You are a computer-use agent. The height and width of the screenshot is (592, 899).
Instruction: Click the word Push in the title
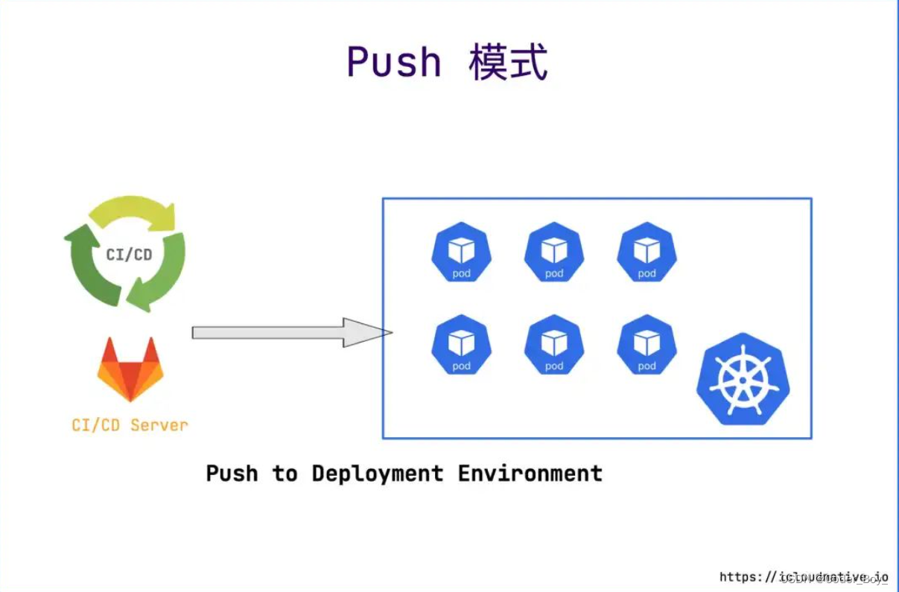394,63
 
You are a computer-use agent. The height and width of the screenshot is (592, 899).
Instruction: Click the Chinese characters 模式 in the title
509,63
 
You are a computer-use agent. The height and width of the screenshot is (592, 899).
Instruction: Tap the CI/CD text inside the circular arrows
129,255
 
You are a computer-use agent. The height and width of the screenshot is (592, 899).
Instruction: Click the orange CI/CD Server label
130,425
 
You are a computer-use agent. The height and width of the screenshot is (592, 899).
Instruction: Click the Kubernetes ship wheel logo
743,379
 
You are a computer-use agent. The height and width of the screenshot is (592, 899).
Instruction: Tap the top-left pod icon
461,252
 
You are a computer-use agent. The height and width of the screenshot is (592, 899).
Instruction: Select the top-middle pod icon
554,252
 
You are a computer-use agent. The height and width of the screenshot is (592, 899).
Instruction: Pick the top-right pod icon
647,252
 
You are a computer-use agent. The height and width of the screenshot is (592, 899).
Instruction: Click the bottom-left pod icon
461,345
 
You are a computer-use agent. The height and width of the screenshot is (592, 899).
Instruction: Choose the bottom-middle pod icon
554,345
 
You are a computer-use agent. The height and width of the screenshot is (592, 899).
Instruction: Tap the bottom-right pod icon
647,345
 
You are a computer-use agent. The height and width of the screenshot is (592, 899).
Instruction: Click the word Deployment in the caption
378,474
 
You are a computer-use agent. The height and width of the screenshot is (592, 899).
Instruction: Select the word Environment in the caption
530,474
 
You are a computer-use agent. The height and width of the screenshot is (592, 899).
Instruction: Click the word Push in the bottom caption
232,474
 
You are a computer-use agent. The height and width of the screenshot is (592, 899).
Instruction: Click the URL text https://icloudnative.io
804,577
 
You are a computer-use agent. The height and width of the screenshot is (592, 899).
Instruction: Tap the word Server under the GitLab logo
159,425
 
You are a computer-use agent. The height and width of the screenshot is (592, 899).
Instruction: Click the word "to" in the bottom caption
285,474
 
